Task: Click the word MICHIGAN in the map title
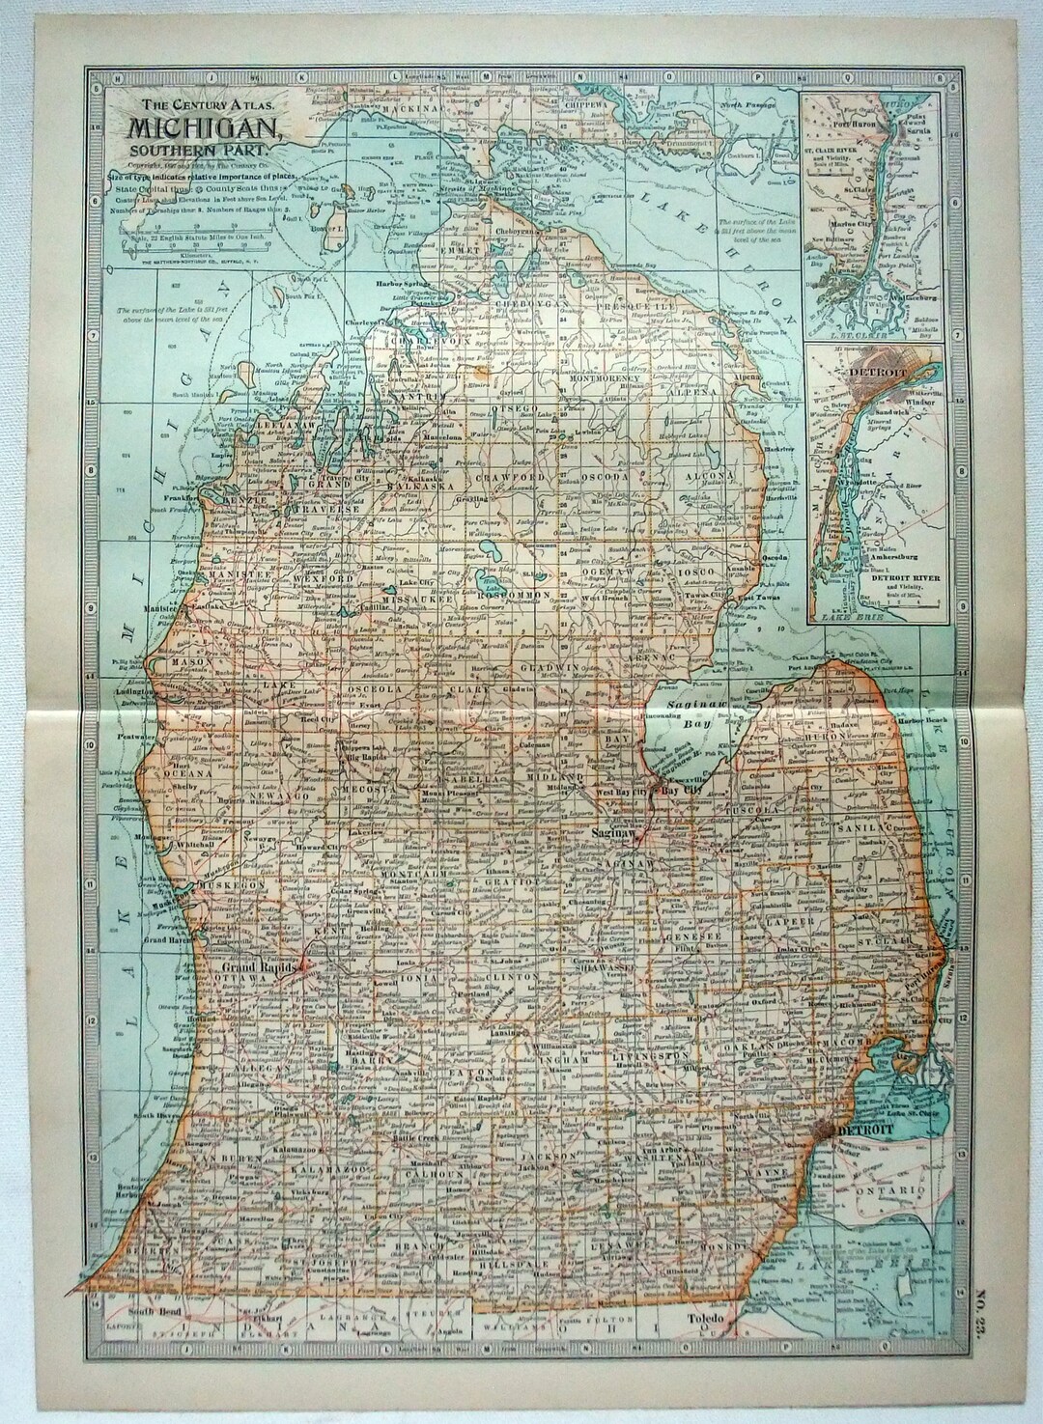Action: [x=201, y=126]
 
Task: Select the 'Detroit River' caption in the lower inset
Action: [x=893, y=578]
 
